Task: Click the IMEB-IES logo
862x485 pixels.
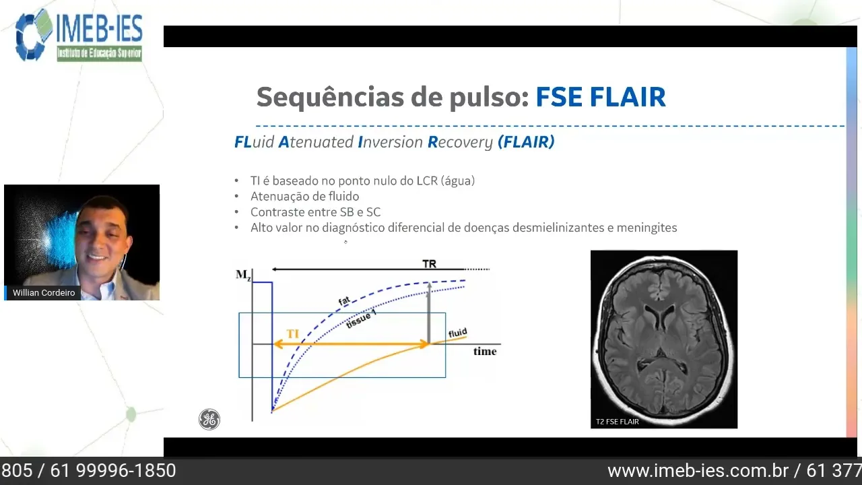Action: pos(79,35)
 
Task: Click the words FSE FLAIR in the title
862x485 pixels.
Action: pos(600,97)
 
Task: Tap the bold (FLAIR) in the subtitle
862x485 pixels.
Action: pos(526,142)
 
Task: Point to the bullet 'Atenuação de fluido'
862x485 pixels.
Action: pos(304,196)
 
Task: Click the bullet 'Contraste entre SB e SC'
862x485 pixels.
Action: pos(315,212)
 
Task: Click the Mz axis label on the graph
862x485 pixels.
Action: pos(243,274)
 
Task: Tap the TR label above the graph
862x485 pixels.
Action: pos(429,263)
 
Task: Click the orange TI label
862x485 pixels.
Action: pos(293,334)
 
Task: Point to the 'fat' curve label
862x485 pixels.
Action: pos(344,301)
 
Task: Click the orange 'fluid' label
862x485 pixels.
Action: pos(457,333)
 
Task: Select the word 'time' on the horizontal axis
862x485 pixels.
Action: pos(485,351)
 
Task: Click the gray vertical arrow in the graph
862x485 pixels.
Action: pos(428,314)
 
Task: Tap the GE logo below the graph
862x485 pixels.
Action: pos(209,420)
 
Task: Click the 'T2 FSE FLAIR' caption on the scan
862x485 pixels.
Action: pos(617,422)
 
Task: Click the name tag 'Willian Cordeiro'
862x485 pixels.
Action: pos(44,293)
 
